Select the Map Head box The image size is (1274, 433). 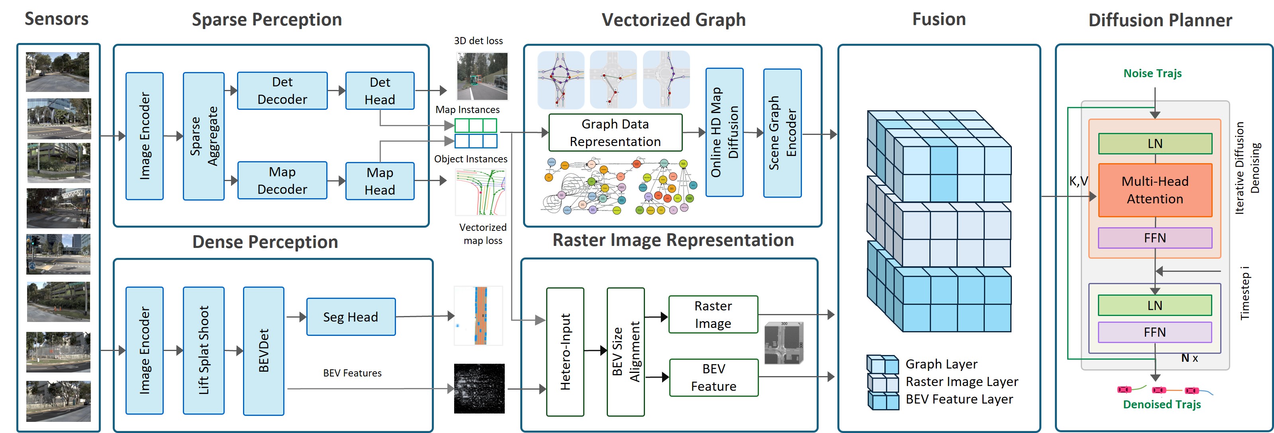pyautogui.click(x=379, y=181)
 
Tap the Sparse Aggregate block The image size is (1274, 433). pyautogui.click(x=203, y=136)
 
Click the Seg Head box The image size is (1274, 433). pyautogui.click(x=350, y=317)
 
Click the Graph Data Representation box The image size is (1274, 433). pyautogui.click(x=615, y=133)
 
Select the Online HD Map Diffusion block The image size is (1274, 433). pyautogui.click(x=724, y=133)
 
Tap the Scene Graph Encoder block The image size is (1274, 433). pyautogui.click(x=782, y=133)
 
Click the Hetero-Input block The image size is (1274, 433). pyautogui.click(x=565, y=351)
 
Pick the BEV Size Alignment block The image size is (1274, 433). pyautogui.click(x=625, y=351)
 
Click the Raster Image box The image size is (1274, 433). pyautogui.click(x=713, y=314)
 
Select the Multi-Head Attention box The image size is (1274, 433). pyautogui.click(x=1154, y=190)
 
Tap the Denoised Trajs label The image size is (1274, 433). pyautogui.click(x=1161, y=404)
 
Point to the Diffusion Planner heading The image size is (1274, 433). pyautogui.click(x=1160, y=20)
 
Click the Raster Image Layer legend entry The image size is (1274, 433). pyautogui.click(x=961, y=382)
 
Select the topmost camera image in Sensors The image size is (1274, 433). pyautogui.click(x=57, y=72)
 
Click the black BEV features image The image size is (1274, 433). pyautogui.click(x=479, y=388)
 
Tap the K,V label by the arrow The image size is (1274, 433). pyautogui.click(x=1078, y=181)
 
